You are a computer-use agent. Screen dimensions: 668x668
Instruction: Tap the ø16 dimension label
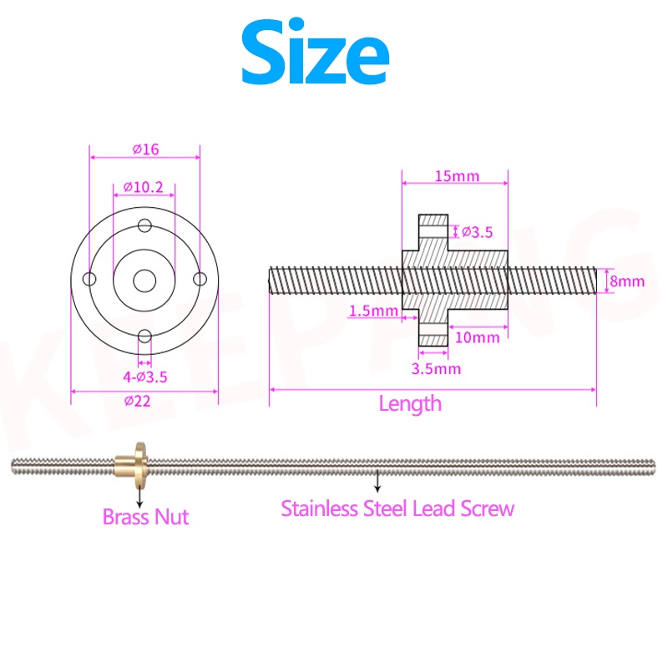(x=145, y=149)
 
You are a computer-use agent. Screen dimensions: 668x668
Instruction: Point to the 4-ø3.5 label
(x=144, y=377)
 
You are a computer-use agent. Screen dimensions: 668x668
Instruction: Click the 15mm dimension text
(x=457, y=176)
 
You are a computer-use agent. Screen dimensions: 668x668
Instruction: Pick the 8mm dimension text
(x=627, y=281)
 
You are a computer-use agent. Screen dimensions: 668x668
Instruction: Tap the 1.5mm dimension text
(x=372, y=311)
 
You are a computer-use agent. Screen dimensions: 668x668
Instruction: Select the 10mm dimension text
(x=478, y=337)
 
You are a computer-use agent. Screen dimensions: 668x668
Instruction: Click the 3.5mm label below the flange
(x=438, y=367)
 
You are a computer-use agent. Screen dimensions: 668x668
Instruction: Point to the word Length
(x=410, y=404)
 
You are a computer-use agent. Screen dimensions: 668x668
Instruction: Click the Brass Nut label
(x=145, y=516)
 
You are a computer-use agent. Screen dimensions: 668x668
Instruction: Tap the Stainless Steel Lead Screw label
(x=397, y=508)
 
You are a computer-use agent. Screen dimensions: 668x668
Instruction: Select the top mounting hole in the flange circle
(x=145, y=225)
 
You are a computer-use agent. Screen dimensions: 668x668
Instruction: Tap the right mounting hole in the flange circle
(x=200, y=279)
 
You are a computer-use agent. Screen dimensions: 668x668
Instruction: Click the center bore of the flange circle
(x=145, y=279)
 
